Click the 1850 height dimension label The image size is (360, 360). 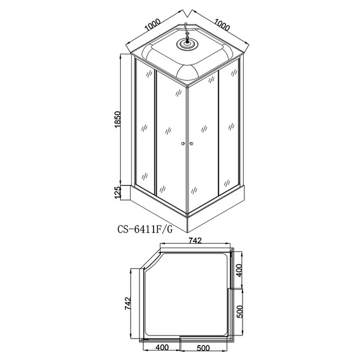[x=117, y=119]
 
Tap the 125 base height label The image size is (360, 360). [x=117, y=193]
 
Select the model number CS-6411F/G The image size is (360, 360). [x=145, y=229]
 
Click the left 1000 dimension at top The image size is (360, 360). [x=152, y=25]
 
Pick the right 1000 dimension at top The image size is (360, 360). [x=222, y=25]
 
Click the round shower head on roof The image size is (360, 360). [x=187, y=44]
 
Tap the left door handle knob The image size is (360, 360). [x=183, y=144]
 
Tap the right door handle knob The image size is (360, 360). [x=191, y=144]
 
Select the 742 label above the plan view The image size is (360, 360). [x=195, y=241]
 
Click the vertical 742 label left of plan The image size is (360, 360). [x=128, y=304]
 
